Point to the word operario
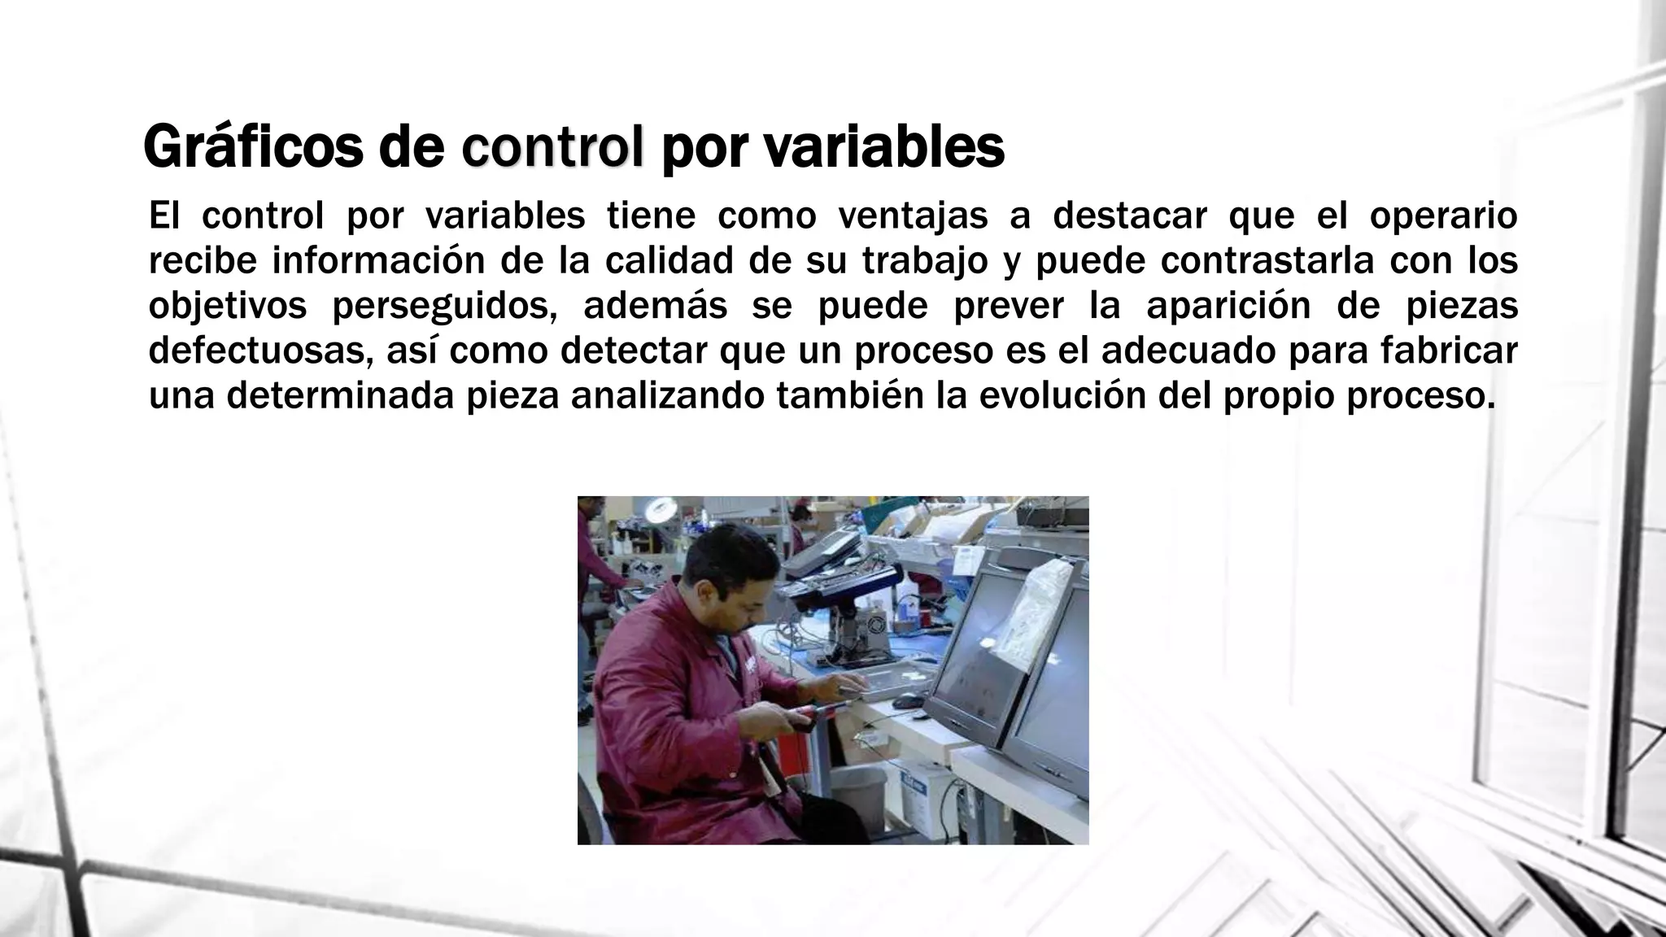coord(1443,216)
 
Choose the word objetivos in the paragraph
coord(228,307)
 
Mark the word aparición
coord(1228,307)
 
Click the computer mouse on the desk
coord(907,700)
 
